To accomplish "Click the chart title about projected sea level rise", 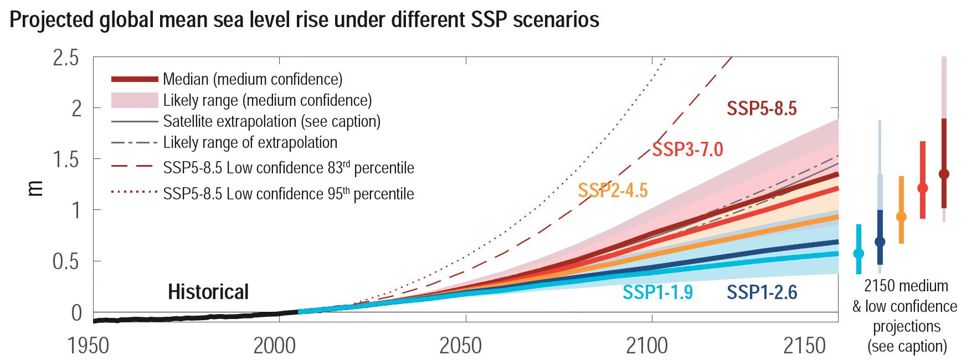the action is point(304,19).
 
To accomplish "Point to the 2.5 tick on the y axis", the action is point(66,58).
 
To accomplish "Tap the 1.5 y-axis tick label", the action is point(66,160).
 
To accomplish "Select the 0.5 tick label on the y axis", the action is point(66,261).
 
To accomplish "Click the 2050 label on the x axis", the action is point(460,346).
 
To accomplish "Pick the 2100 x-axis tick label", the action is point(647,346).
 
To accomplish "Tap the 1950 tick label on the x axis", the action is point(88,346).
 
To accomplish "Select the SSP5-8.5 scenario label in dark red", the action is point(762,109).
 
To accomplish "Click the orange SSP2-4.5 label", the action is point(613,191).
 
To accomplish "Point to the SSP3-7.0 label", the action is point(687,150).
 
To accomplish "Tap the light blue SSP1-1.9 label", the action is point(657,292).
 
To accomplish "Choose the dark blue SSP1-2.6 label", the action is point(762,292).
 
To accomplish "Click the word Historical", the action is point(208,292).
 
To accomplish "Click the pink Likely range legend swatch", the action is point(135,100).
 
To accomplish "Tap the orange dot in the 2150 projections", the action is point(901,217).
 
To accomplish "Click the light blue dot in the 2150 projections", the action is point(858,254).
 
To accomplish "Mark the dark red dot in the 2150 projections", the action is point(944,174).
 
